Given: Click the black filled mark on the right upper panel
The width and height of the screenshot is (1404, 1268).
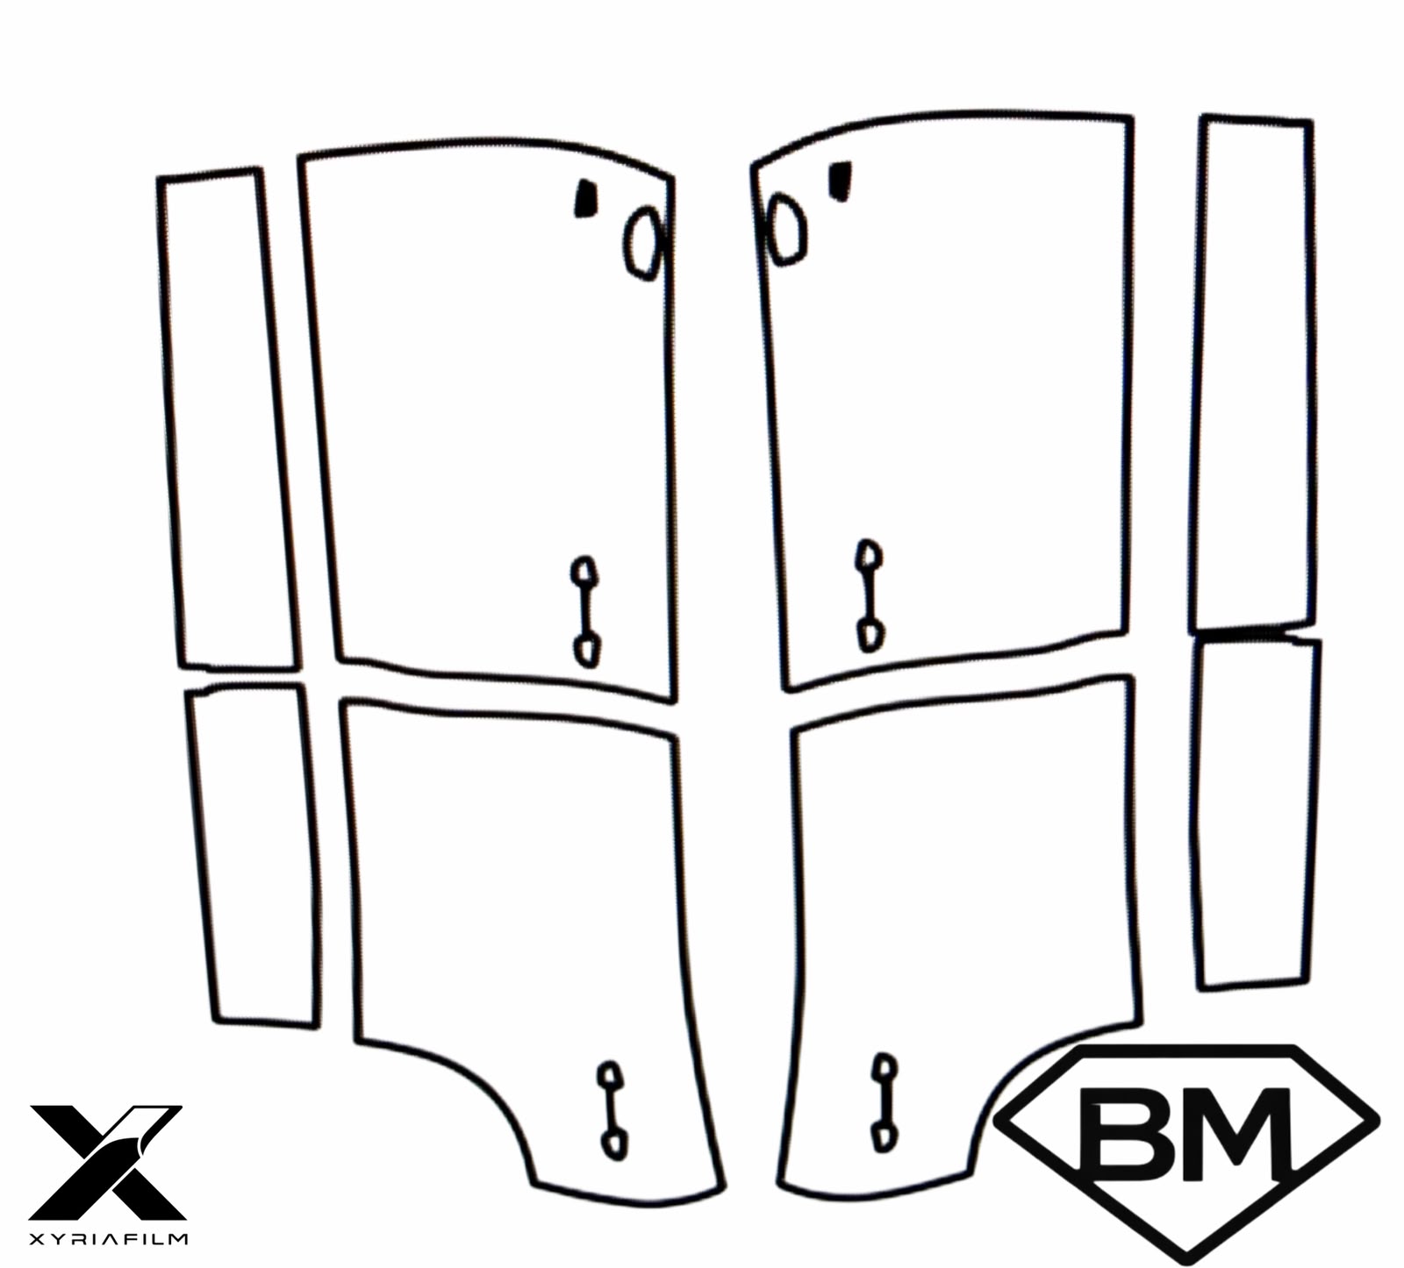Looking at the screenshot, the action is [842, 181].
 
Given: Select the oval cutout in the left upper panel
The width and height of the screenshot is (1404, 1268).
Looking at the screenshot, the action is [644, 243].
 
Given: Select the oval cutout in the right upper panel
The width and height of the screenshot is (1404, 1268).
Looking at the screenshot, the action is [786, 229].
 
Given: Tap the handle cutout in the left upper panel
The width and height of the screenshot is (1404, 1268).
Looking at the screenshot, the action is [585, 611].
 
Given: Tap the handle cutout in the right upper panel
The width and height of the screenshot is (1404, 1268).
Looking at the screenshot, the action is [870, 595].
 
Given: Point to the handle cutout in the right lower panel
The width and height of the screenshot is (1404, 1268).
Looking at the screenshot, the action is [884, 1102].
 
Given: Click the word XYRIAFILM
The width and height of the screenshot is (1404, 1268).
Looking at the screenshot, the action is [109, 1238].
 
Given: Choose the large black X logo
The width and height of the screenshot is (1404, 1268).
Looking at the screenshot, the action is [107, 1162].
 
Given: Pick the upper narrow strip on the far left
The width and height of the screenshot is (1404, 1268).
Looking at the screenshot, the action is [227, 419].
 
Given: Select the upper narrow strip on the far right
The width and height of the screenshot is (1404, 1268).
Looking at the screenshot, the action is [1254, 373].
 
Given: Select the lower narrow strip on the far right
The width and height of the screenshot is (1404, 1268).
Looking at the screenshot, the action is [1257, 812].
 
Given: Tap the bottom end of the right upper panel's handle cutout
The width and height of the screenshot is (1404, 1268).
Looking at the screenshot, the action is [869, 648].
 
